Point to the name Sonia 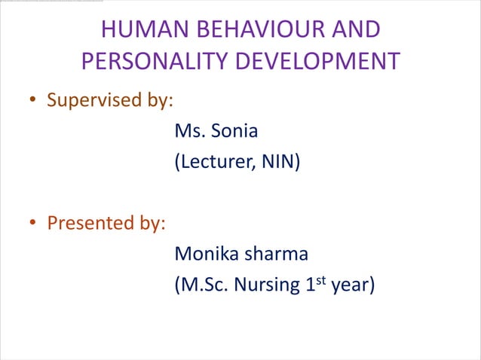[x=234, y=131]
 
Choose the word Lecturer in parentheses [x=213, y=162]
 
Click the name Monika [x=206, y=254]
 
